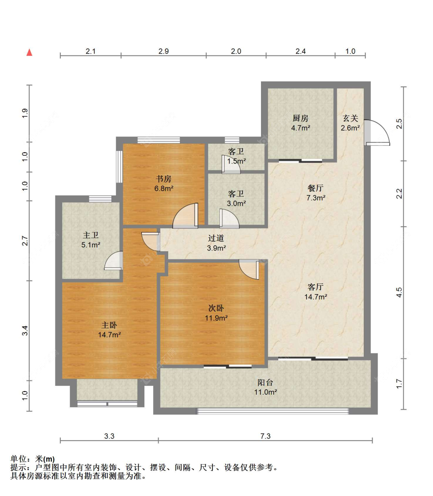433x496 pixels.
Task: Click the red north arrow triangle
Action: click(29, 52)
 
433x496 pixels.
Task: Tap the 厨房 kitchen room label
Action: click(300, 118)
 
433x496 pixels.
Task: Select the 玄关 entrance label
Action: click(350, 118)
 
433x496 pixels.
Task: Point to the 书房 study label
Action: click(164, 179)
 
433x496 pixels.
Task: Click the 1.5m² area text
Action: click(236, 161)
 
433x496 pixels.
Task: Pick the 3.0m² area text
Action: click(236, 203)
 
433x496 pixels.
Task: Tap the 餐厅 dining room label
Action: click(316, 188)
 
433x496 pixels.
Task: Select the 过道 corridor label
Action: click(216, 239)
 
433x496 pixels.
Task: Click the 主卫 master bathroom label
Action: click(91, 235)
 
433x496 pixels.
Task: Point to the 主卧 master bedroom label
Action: click(109, 325)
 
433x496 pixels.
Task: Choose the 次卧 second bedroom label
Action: click(216, 308)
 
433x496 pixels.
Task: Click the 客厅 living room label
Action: click(316, 287)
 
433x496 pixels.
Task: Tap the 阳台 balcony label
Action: click(265, 382)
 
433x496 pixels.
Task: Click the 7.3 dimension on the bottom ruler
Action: click(265, 436)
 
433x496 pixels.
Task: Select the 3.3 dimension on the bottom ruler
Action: click(109, 436)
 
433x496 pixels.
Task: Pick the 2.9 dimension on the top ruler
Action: click(164, 51)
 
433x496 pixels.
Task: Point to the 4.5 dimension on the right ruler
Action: click(399, 292)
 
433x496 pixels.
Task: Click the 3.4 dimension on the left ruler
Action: click(25, 330)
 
